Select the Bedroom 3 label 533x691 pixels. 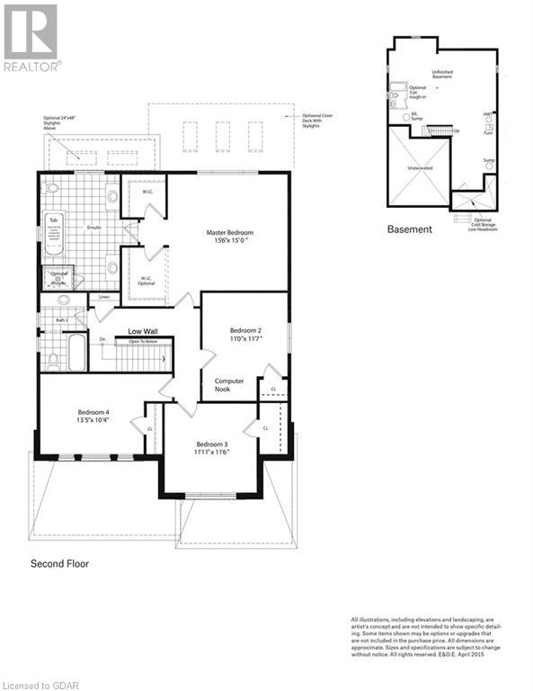(x=213, y=444)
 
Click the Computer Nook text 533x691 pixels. (x=229, y=386)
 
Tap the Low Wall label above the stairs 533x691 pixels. (x=144, y=331)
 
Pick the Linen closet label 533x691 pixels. (x=104, y=297)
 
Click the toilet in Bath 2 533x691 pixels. (x=53, y=360)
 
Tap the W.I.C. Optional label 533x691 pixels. (x=144, y=281)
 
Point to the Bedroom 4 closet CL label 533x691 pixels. (x=150, y=429)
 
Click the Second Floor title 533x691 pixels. (x=60, y=564)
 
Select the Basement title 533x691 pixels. (x=409, y=229)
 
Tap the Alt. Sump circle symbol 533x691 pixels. (x=406, y=117)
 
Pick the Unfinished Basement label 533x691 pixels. (x=441, y=75)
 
